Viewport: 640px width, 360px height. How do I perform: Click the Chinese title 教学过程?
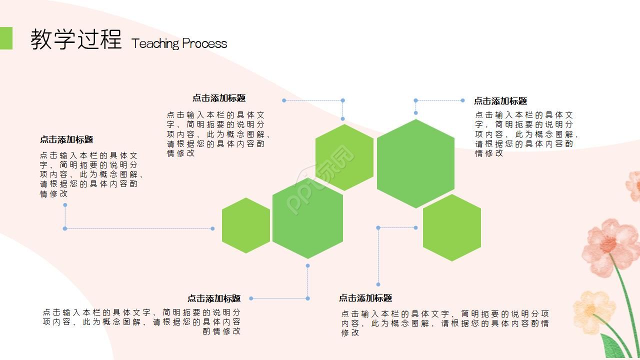pos(76,39)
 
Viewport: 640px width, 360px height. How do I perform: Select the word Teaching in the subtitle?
pos(155,43)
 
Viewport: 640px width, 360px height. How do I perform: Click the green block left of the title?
pos(6,38)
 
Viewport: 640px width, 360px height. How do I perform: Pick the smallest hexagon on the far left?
pos(246,225)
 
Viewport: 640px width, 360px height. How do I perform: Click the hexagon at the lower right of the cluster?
pos(452,227)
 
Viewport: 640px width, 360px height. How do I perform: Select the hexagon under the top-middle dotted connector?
pos(344,157)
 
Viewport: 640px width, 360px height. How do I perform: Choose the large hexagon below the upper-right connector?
pos(415,163)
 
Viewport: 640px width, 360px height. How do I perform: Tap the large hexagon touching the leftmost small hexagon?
pos(307,218)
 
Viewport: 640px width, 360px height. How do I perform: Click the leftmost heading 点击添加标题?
pos(66,139)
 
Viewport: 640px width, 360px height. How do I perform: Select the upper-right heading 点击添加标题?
pos(500,101)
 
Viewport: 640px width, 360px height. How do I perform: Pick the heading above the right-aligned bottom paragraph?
pos(214,298)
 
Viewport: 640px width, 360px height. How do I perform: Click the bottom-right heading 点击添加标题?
pos(365,298)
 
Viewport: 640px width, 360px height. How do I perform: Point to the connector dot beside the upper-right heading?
pos(463,100)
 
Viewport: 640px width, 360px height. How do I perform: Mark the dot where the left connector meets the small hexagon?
pos(212,228)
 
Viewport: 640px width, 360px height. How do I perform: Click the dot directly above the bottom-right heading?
pos(378,284)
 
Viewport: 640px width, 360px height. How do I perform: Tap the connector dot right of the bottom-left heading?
pos(251,298)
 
